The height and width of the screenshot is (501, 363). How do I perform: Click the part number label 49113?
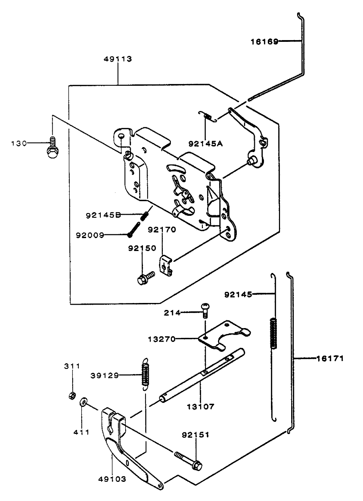point(118,59)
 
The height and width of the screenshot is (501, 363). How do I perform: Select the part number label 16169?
point(264,42)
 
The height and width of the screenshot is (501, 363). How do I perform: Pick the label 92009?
point(90,235)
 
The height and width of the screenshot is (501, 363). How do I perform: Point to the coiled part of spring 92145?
point(274,333)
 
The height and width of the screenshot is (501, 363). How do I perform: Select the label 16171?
point(330,358)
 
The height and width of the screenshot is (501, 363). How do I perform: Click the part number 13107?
point(200,407)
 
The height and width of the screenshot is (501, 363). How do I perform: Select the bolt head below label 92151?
point(197,465)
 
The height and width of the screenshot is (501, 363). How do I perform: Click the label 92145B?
point(103,215)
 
